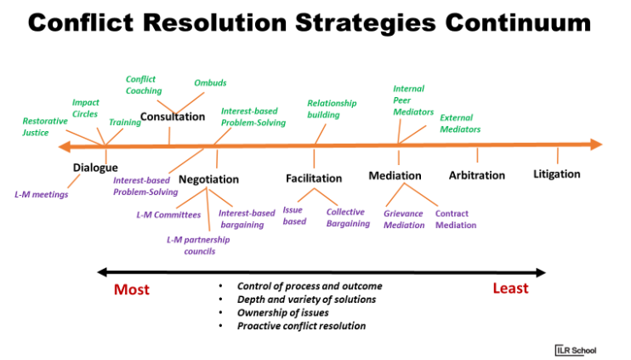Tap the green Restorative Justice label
click(x=41, y=127)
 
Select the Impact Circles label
click(x=85, y=108)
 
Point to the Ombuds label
click(x=210, y=83)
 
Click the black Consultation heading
click(x=173, y=117)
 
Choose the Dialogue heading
click(x=95, y=168)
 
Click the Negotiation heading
click(x=208, y=180)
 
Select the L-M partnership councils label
click(x=198, y=245)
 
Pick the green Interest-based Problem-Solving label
click(x=253, y=117)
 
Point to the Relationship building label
click(x=332, y=109)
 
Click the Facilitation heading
click(x=314, y=179)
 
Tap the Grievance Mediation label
click(x=404, y=220)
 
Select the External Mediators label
click(x=460, y=123)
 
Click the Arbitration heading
click(x=477, y=175)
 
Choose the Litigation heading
click(x=557, y=174)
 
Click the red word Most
click(x=132, y=289)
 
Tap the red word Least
click(x=510, y=289)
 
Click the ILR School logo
click(x=572, y=349)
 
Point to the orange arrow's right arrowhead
click(x=595, y=145)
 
